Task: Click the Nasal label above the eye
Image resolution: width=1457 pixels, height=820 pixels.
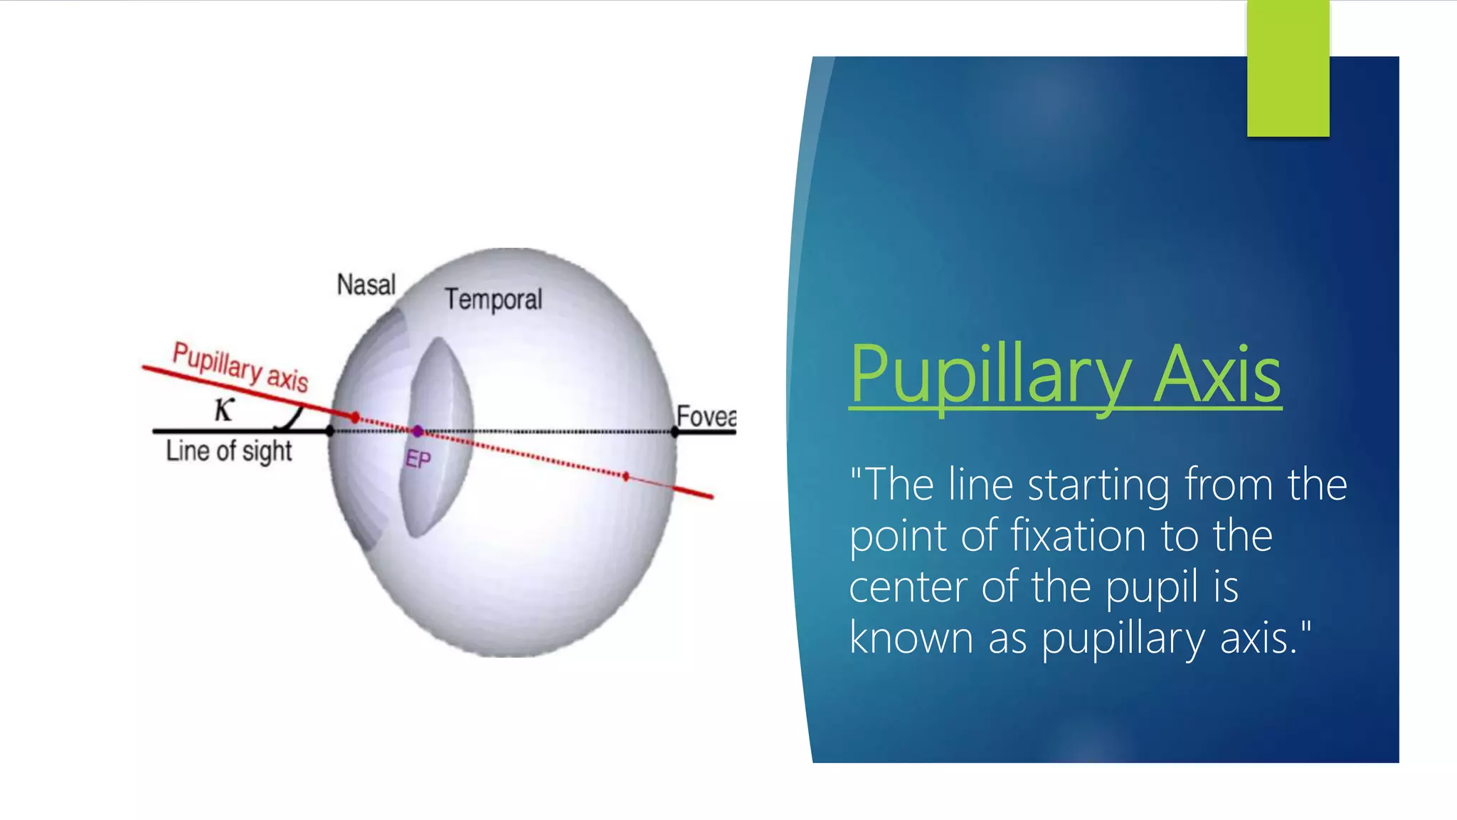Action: coord(366,285)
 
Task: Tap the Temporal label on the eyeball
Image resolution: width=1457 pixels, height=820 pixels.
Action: coord(493,300)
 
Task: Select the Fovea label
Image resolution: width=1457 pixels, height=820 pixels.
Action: coord(705,416)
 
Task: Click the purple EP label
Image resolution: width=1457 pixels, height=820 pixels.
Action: coord(418,460)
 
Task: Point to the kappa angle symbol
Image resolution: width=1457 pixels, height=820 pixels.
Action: coord(224,409)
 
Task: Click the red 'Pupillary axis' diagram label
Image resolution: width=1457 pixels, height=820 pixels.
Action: coord(240,367)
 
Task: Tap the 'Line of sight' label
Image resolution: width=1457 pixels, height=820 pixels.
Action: coord(229,451)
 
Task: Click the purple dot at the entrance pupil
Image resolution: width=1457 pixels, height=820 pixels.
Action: coord(418,431)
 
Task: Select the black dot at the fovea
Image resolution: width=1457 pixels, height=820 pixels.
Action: coord(674,431)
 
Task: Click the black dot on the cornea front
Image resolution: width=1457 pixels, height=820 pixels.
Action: coord(329,431)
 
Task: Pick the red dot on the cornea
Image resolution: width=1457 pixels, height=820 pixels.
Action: coord(355,417)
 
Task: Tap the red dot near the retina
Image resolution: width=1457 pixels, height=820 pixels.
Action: coord(626,476)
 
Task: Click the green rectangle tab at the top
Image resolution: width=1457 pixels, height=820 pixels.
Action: coord(1288,68)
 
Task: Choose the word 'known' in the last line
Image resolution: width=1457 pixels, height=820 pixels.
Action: coord(911,638)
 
